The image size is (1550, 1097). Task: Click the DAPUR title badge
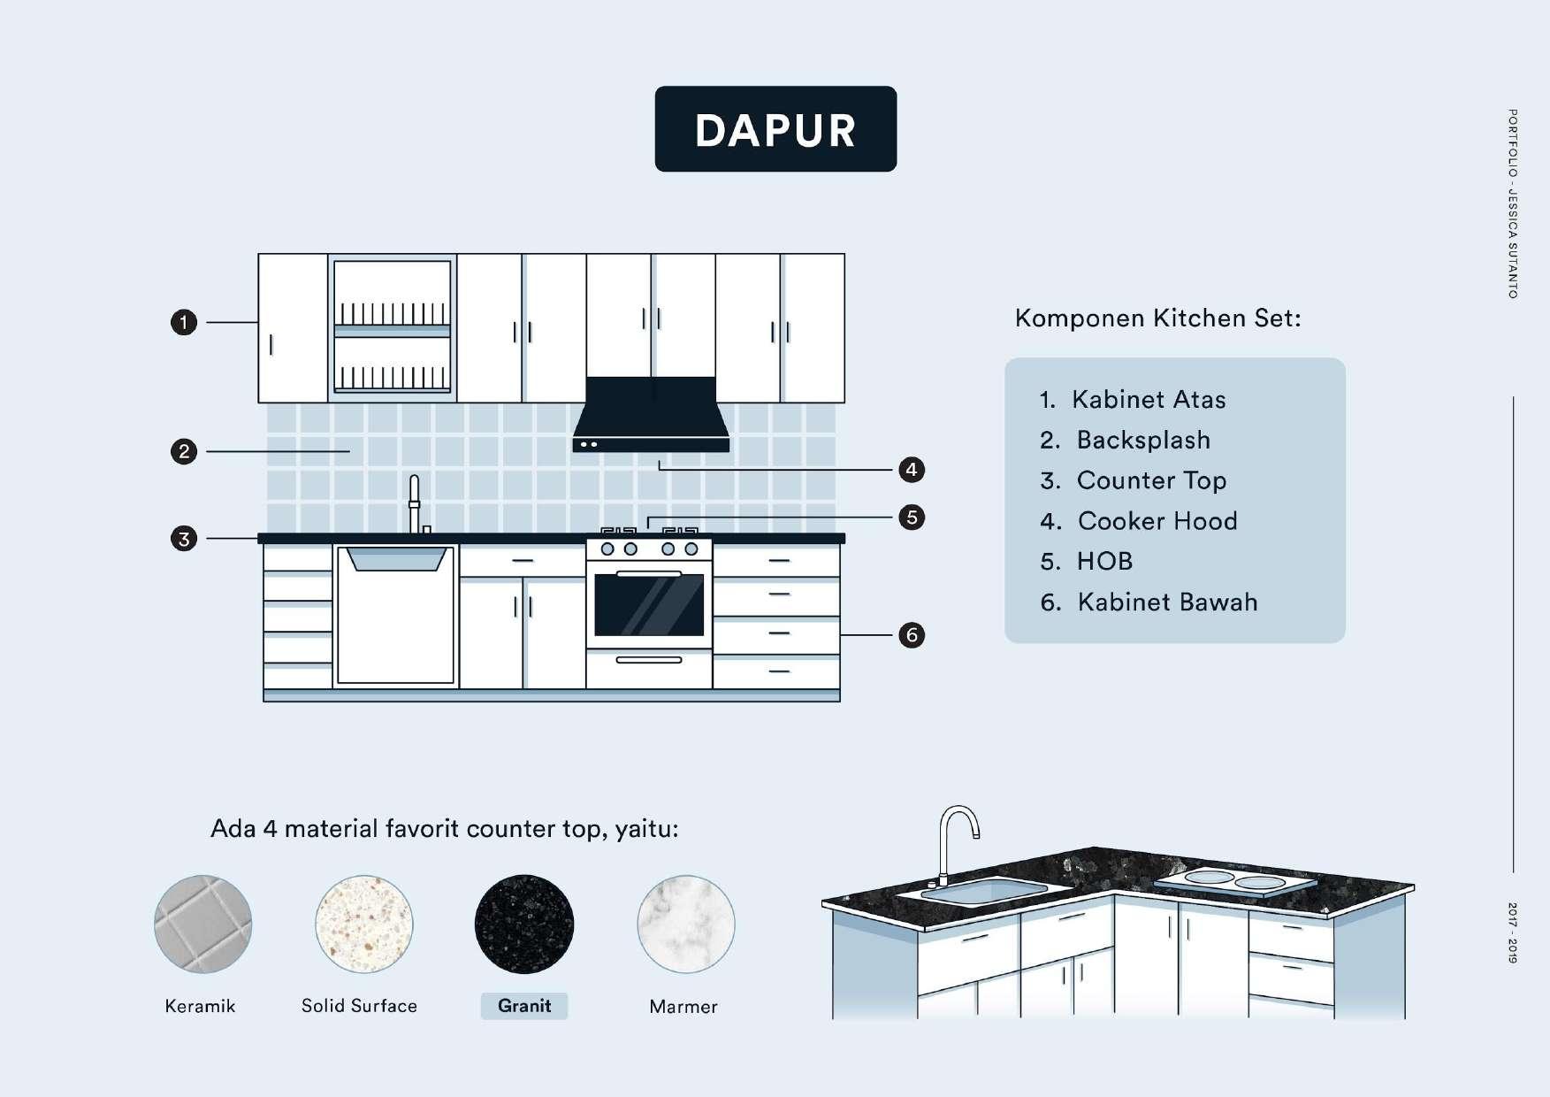775,129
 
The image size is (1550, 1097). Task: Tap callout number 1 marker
183,322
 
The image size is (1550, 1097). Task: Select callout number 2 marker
183,452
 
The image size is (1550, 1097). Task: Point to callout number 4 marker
911,470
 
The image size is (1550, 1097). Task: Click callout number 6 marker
911,635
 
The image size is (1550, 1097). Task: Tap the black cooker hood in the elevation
651,414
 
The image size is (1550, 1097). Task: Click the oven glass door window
650,605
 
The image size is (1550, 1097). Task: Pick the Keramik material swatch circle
202,924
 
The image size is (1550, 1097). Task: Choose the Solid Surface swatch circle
363,924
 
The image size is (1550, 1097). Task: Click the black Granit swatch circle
524,924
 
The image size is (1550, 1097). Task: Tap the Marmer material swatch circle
685,924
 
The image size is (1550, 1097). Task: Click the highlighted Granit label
524,1006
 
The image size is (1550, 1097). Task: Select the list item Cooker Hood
1157,521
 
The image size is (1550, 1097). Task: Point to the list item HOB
1104,562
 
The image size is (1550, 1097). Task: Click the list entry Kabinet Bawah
1166,602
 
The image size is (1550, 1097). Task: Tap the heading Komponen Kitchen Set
1157,318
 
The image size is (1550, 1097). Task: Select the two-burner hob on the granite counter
1234,880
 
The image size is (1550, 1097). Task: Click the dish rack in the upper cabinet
393,327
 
